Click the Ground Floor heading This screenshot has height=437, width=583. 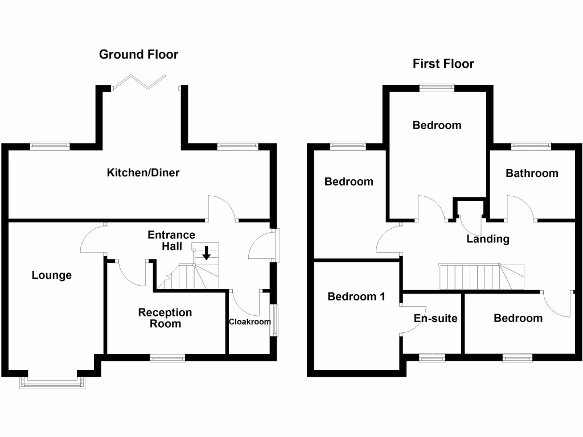tap(138, 55)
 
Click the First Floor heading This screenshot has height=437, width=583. tap(443, 64)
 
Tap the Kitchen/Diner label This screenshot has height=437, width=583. tap(143, 172)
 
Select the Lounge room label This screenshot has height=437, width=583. tap(52, 275)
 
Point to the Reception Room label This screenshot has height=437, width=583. tap(165, 318)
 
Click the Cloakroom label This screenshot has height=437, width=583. tap(249, 321)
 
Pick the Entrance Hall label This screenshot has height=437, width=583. tap(171, 240)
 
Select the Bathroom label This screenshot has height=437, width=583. tap(532, 173)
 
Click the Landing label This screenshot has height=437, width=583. tap(488, 239)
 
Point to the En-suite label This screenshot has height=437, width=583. tap(436, 318)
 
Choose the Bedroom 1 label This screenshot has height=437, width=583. tap(356, 296)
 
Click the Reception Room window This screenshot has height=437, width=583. tap(167, 358)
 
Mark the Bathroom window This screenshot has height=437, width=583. tap(531, 146)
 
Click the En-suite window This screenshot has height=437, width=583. tap(432, 358)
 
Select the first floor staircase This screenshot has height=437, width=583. tap(482, 277)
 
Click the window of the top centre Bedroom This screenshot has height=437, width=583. tap(437, 88)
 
